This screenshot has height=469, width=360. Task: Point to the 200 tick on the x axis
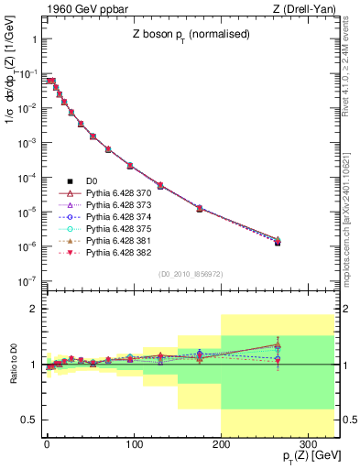click(221, 444)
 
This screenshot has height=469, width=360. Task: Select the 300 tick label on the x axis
click(308, 444)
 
